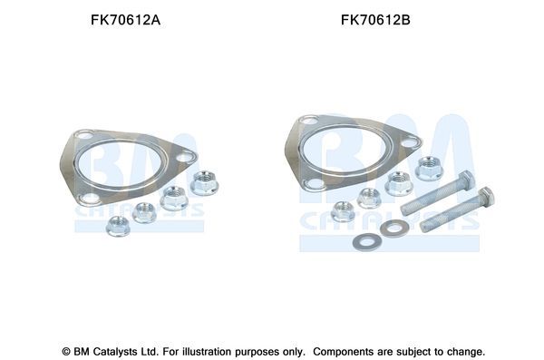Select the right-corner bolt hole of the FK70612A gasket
(x=184, y=157)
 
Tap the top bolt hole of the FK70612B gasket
(x=313, y=121)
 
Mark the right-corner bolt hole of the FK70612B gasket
(x=410, y=142)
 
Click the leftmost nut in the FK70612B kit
(x=343, y=211)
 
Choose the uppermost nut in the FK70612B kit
(x=428, y=169)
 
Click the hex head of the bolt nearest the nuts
(x=466, y=177)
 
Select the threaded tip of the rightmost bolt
(x=423, y=224)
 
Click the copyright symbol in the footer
(x=65, y=350)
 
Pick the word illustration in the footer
(x=208, y=350)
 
